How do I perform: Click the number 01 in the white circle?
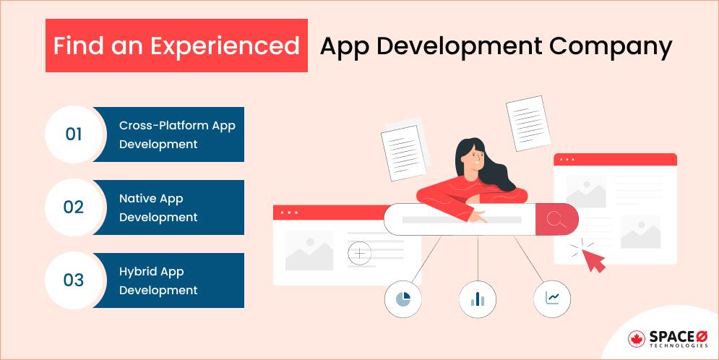74,134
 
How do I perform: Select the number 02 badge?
74,207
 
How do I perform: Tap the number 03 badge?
74,280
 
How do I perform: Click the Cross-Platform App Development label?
177,134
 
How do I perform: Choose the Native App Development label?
158,207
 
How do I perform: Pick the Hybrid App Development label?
158,280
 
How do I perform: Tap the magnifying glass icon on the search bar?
556,219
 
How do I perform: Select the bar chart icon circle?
478,298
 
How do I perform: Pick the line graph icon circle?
552,298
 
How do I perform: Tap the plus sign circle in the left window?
359,253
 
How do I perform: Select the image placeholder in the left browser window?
309,251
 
